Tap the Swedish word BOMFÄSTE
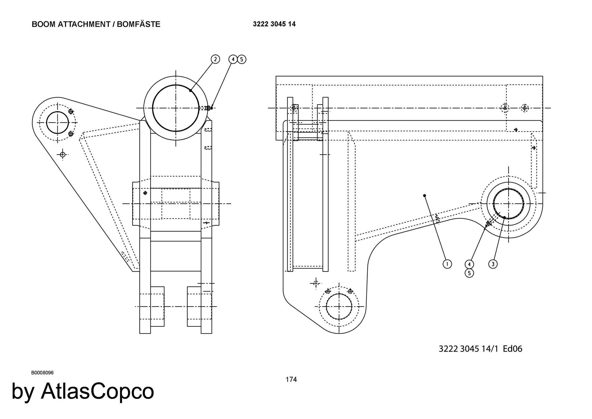coord(139,24)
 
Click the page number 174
coord(291,379)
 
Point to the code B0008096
coord(42,373)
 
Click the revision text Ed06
coord(513,349)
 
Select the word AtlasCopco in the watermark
coord(97,391)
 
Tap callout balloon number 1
coord(447,264)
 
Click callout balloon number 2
coord(215,59)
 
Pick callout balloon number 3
coord(493,264)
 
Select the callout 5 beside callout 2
coord(242,60)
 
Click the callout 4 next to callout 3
coord(469,264)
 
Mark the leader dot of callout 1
coord(424,195)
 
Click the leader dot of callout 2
coord(190,90)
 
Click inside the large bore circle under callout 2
coord(176,108)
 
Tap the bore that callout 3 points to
coord(509,204)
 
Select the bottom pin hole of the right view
coord(339,306)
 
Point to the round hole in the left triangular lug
coord(57,123)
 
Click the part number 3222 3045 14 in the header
coord(274,24)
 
